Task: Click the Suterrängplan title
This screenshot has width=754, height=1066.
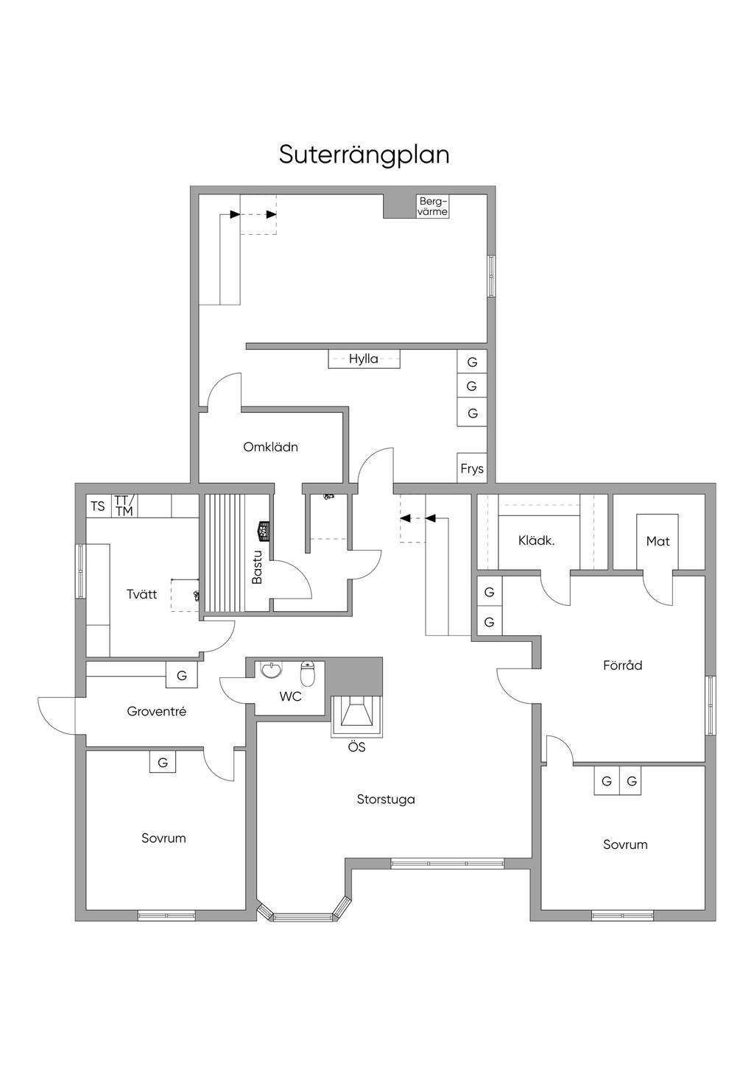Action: point(364,155)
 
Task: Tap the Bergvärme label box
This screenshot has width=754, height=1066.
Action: point(433,207)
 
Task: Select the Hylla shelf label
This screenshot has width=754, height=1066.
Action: point(364,359)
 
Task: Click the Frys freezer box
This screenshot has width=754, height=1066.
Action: point(472,467)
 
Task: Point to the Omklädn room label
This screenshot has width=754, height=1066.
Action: point(270,447)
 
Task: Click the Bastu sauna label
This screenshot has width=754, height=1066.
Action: point(257,568)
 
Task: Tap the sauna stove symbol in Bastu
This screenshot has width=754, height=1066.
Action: point(264,531)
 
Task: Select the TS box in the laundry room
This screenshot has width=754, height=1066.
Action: point(98,506)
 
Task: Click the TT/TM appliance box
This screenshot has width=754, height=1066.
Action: point(124,506)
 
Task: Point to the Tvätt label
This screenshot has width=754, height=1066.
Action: point(142,594)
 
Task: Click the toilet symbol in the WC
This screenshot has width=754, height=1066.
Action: point(308,674)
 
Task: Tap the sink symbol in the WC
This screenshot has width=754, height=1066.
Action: point(272,670)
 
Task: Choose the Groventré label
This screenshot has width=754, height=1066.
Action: point(157,711)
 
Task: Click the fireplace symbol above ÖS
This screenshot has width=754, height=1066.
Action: point(356,716)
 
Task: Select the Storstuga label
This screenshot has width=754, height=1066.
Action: point(386,799)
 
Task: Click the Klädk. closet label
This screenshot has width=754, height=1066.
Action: point(537,540)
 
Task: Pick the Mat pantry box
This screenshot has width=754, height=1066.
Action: point(658,542)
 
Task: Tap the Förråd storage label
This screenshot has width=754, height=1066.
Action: point(623,665)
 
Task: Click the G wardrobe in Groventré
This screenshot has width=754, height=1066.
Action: point(181,675)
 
